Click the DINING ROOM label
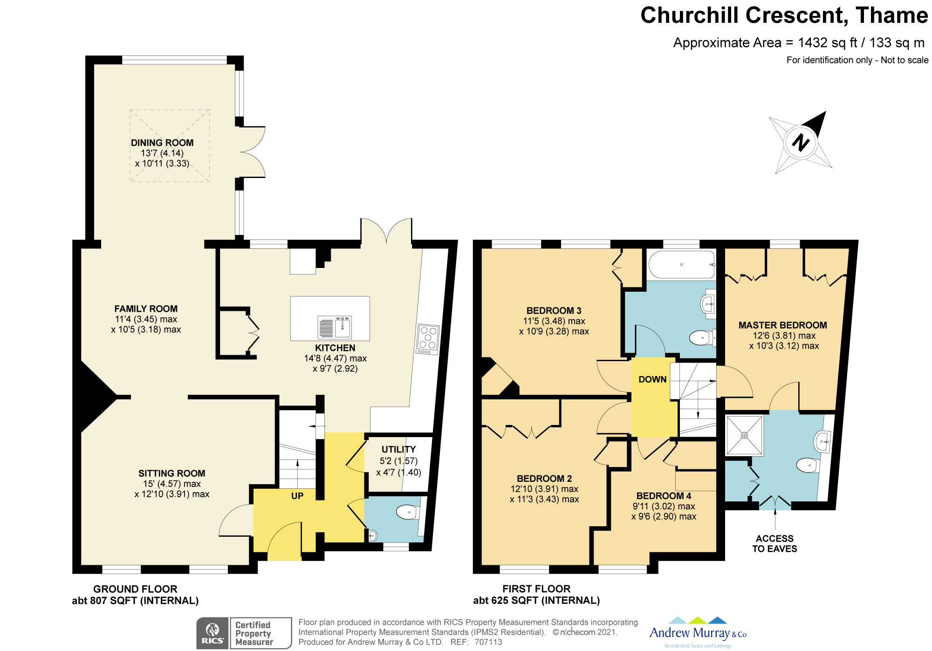tap(162, 143)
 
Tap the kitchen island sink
tap(335, 327)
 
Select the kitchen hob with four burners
tap(428, 340)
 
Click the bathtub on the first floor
tap(682, 264)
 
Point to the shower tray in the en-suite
tap(744, 435)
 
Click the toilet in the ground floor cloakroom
tap(408, 512)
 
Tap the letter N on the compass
tap(801, 142)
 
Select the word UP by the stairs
tap(297, 496)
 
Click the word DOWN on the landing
tap(652, 379)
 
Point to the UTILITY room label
tap(398, 449)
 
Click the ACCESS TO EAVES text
tap(774, 543)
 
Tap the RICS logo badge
tap(212, 633)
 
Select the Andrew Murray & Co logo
tap(698, 632)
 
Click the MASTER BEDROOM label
tap(783, 325)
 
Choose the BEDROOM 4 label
tap(664, 496)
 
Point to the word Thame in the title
tap(891, 15)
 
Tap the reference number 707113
tap(488, 642)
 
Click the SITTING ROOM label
tap(171, 473)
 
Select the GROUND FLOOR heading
tap(135, 589)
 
